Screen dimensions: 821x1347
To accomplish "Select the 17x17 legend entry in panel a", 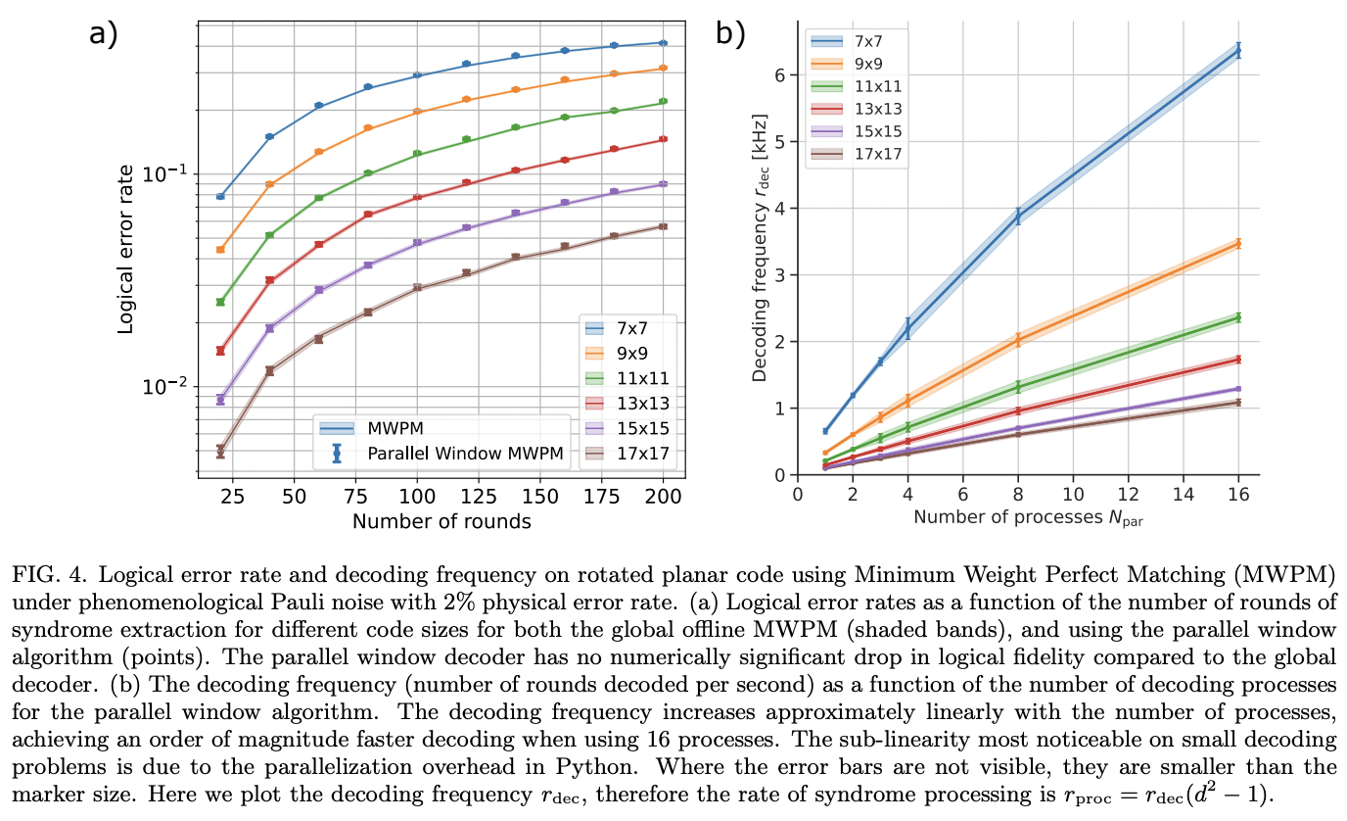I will point(633,453).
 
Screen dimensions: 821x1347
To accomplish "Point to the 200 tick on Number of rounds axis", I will point(663,498).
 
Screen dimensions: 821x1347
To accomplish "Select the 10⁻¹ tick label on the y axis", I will point(164,173).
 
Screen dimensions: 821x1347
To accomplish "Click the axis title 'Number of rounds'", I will point(441,521).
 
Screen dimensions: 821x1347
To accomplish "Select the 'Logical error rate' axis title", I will point(125,249).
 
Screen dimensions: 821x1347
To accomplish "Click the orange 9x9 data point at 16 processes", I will point(1238,243).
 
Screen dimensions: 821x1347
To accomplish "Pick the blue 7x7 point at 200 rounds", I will point(663,43).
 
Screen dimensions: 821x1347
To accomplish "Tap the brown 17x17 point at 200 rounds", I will point(663,226).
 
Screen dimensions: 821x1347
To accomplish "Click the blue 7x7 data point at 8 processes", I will point(1018,217).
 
